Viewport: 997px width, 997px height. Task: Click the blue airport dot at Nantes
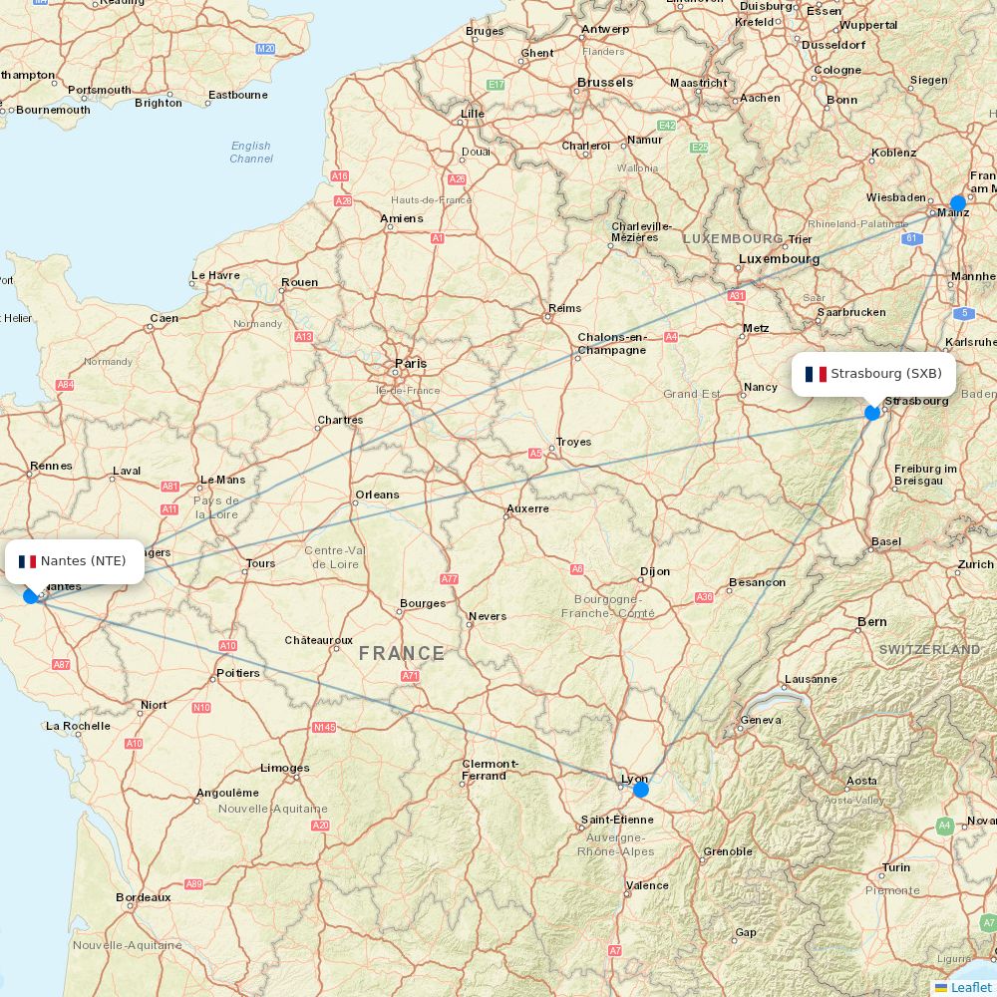(31, 595)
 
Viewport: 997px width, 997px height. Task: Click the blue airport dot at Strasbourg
(872, 412)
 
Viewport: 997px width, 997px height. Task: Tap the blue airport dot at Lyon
(640, 790)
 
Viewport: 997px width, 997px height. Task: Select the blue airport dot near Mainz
(958, 203)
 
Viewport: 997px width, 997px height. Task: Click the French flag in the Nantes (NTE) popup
(27, 561)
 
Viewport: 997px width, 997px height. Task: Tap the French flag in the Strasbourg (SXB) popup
(816, 374)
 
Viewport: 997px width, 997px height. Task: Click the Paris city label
(411, 364)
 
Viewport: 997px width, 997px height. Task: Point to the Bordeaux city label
(144, 897)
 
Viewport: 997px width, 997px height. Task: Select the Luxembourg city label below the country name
(779, 259)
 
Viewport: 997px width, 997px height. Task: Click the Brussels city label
(605, 83)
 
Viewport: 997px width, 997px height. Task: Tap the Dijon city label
(655, 571)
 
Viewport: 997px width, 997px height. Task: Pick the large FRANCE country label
(402, 654)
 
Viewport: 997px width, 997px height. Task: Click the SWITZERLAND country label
(929, 649)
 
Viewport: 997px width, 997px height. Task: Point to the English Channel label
(251, 152)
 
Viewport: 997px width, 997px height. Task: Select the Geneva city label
(761, 720)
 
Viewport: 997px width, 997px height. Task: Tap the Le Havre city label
(215, 275)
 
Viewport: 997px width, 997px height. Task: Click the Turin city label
(896, 867)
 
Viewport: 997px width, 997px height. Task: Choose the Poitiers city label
(237, 673)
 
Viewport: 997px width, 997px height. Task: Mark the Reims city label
(564, 309)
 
